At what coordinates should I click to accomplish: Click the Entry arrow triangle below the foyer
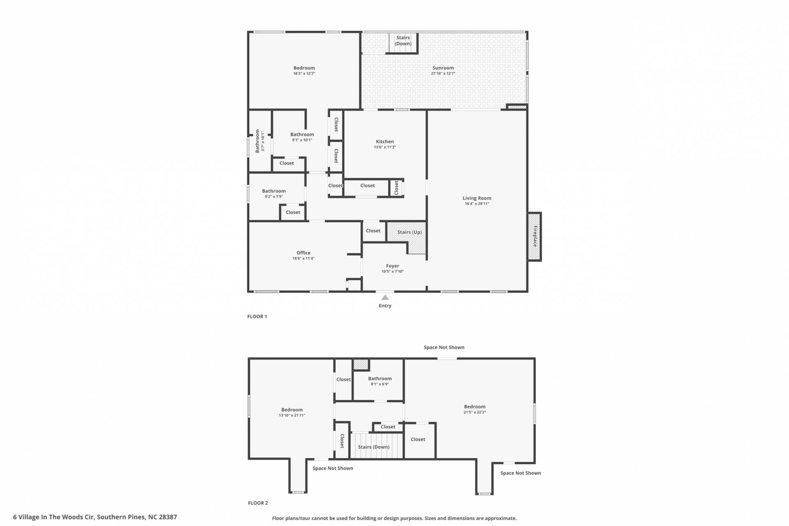(x=385, y=297)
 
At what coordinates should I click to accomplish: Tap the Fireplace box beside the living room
(x=535, y=237)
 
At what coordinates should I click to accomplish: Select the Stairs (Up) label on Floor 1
(x=409, y=232)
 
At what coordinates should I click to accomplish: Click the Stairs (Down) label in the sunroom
(x=403, y=41)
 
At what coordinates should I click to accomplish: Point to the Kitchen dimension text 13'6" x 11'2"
(x=385, y=147)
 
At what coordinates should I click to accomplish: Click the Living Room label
(x=477, y=198)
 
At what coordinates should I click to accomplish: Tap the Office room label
(x=304, y=253)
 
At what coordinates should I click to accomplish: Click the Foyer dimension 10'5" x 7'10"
(x=393, y=271)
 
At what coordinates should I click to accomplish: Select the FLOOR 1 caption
(x=257, y=317)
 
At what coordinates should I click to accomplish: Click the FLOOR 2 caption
(x=258, y=503)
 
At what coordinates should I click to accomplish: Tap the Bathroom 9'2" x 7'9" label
(x=274, y=193)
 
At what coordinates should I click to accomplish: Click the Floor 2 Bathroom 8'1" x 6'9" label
(x=380, y=381)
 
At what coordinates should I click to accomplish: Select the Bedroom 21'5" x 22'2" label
(x=475, y=409)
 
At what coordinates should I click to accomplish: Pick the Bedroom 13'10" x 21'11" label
(x=292, y=412)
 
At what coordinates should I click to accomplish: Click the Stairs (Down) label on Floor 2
(x=374, y=447)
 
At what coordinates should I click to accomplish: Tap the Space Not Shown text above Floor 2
(x=444, y=347)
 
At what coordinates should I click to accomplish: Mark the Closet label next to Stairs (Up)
(x=373, y=231)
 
